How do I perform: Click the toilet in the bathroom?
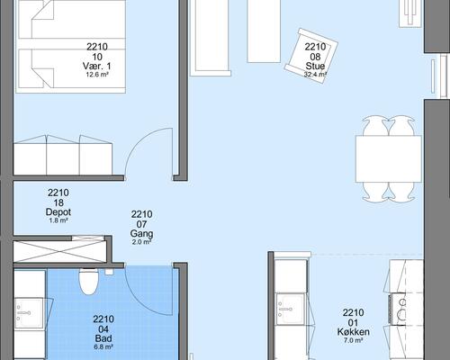(x=89, y=281)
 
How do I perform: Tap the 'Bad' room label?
(x=103, y=338)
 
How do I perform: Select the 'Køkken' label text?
(x=353, y=331)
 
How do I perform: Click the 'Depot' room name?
(x=58, y=212)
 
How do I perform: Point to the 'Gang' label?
(x=141, y=233)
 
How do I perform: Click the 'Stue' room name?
(x=315, y=66)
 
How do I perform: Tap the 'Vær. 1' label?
(x=96, y=66)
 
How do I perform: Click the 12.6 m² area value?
(x=97, y=75)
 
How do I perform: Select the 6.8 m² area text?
(x=103, y=347)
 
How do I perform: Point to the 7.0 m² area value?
(x=353, y=340)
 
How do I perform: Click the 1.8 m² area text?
(x=58, y=220)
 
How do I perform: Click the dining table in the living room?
(x=389, y=159)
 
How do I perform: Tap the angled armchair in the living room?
(x=310, y=56)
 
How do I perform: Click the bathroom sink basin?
(x=29, y=313)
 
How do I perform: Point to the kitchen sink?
(x=291, y=309)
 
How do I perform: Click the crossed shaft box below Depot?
(x=60, y=251)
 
